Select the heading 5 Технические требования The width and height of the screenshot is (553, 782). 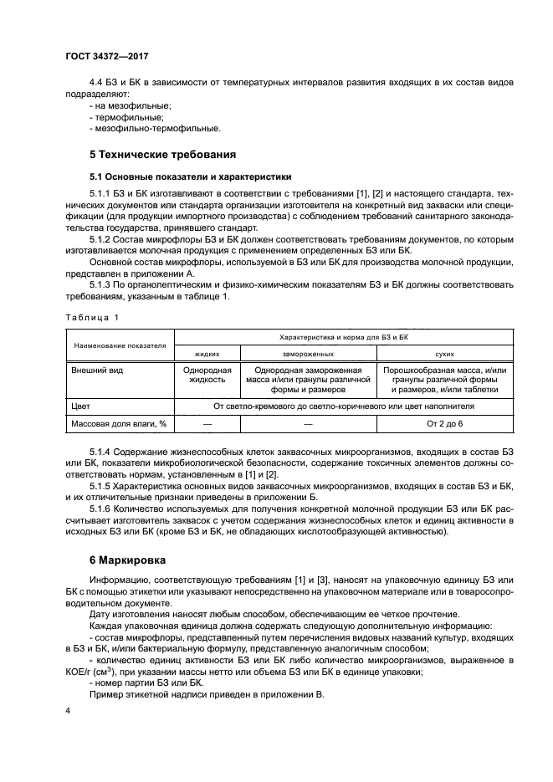(162, 154)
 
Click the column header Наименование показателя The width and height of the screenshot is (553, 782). (119, 344)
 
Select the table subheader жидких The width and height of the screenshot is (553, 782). (205, 354)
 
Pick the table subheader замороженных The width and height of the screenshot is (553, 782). (307, 354)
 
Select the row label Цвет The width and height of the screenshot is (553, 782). (82, 406)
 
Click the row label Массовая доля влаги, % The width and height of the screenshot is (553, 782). (118, 424)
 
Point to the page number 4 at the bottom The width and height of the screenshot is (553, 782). (69, 710)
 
